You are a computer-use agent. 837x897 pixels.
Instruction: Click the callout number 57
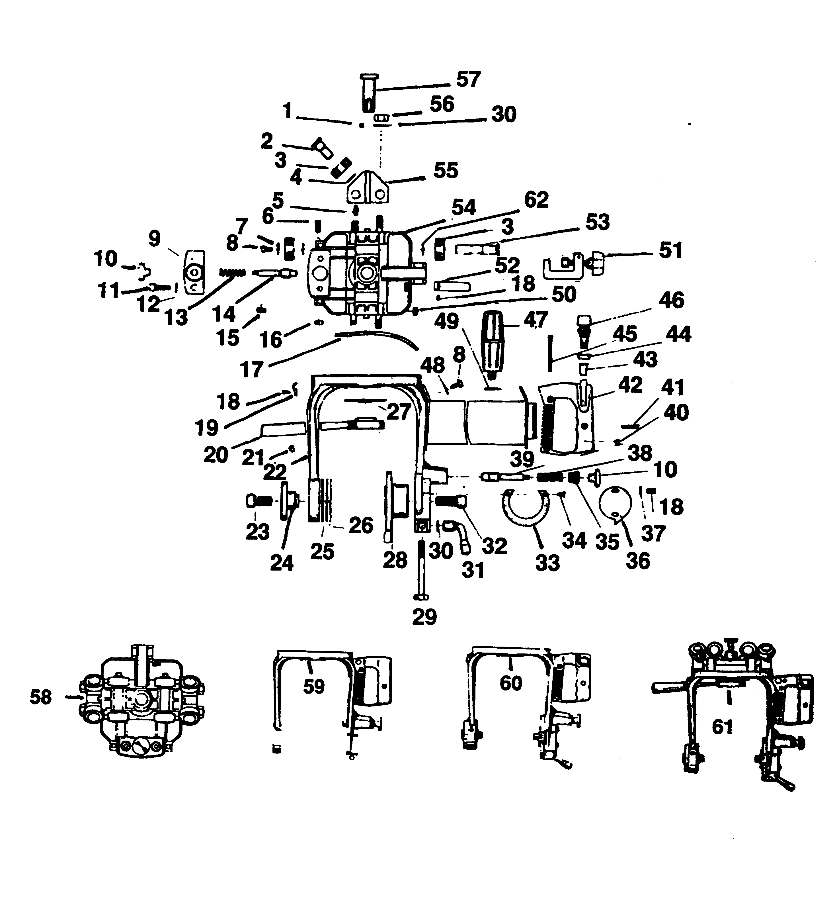tap(468, 80)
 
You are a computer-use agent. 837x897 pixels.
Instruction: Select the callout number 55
tap(446, 171)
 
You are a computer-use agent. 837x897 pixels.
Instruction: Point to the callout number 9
tap(155, 239)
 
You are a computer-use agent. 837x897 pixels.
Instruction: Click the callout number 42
tap(630, 385)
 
